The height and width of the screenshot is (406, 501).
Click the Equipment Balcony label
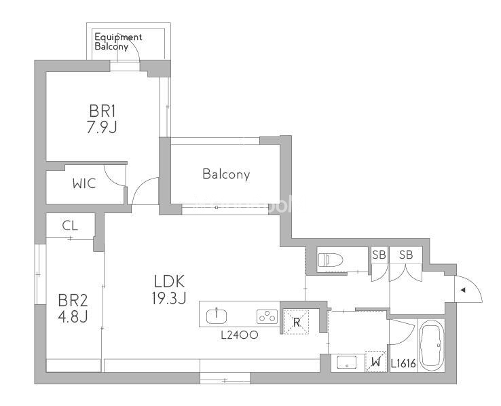point(118,42)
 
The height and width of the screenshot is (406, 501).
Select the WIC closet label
point(84,183)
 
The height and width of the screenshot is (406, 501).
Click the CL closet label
point(70,226)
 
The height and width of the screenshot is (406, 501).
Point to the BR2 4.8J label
point(72,308)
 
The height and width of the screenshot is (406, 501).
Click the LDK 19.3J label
point(170,289)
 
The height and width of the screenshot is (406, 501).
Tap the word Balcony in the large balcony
point(226,174)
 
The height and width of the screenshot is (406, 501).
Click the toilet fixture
point(333,259)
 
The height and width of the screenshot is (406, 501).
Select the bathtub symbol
point(431,344)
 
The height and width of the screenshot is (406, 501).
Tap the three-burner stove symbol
point(265,316)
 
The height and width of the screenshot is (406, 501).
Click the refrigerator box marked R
point(296,320)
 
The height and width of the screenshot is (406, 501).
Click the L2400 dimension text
point(239,335)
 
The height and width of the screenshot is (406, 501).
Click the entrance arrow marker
point(463,291)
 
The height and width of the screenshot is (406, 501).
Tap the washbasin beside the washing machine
point(346,361)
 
